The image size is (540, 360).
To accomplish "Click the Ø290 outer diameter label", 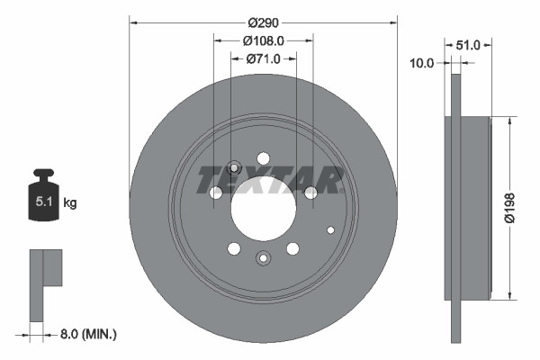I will [x=264, y=22].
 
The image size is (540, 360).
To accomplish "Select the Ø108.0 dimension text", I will [x=264, y=40].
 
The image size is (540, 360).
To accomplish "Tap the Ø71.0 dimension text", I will [x=264, y=58].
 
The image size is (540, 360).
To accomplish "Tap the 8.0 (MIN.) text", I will [x=86, y=334].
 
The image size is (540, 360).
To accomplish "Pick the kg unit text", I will [x=70, y=203].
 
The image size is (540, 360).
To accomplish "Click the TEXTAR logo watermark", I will [x=270, y=179].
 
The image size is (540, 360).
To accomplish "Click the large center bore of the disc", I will [x=264, y=209].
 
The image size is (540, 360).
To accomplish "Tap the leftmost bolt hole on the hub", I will [x=216, y=193].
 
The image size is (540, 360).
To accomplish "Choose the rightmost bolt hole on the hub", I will [x=311, y=193].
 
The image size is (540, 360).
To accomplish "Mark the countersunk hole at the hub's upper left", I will [x=234, y=167].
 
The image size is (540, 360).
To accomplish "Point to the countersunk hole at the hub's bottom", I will [x=264, y=258].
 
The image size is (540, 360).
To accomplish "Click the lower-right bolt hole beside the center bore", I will [x=292, y=248].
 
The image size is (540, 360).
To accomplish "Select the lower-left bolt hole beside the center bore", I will [x=234, y=248].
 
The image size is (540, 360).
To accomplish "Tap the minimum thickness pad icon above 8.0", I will [x=46, y=280].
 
